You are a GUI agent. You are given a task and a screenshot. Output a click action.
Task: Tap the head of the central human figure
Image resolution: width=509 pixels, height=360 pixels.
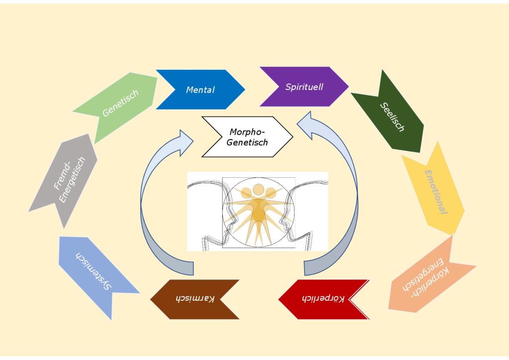[258, 190]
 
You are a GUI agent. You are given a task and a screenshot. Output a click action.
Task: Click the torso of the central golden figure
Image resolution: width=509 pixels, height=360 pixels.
[259, 212]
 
